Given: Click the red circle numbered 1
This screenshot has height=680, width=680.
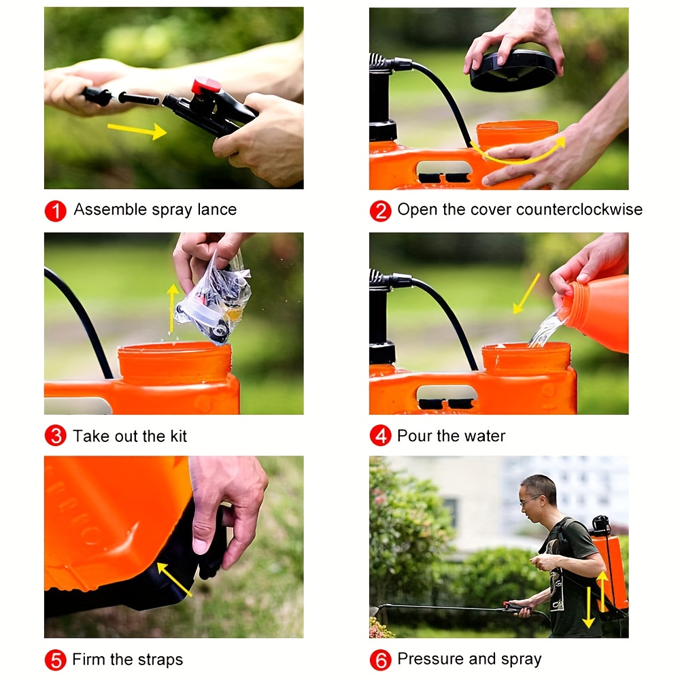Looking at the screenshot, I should pyautogui.click(x=55, y=210).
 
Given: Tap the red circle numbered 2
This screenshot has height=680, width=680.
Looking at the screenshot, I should pyautogui.click(x=380, y=210).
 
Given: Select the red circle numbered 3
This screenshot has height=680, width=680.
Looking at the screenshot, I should pyautogui.click(x=55, y=436).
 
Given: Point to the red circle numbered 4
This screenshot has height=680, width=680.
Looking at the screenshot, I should pyautogui.click(x=380, y=436).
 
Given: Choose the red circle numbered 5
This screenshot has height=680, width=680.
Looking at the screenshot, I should pyautogui.click(x=55, y=660).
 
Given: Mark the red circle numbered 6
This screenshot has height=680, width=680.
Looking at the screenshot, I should pyautogui.click(x=380, y=660).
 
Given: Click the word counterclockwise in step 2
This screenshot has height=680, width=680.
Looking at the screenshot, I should pyautogui.click(x=579, y=209).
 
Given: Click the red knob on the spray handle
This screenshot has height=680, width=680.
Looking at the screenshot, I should pyautogui.click(x=205, y=86).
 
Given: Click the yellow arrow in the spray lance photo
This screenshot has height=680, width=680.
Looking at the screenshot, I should pyautogui.click(x=137, y=130).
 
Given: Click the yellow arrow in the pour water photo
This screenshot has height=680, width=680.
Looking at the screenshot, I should pyautogui.click(x=526, y=294).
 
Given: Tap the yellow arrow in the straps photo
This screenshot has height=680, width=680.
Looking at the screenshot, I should pyautogui.click(x=174, y=579).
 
